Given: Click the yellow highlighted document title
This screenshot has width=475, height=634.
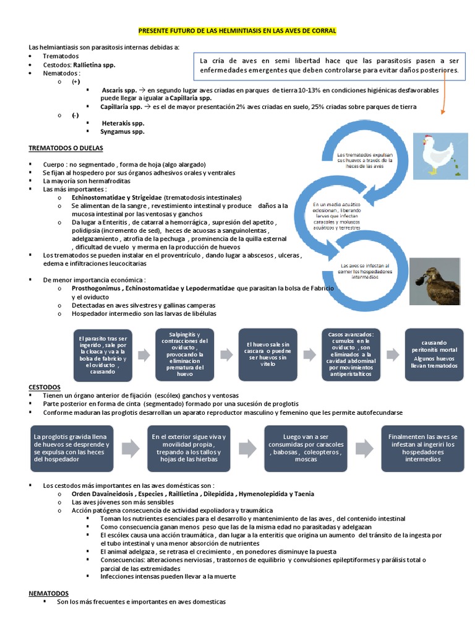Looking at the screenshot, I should pos(237,30).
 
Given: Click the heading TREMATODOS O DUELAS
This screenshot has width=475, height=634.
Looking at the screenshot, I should pos(66,149).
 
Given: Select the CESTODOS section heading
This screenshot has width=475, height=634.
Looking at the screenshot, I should pos(45,386).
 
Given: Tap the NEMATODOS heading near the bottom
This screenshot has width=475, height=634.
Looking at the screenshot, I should pos(49,593).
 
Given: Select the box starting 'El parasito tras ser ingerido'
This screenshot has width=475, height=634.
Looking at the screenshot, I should pos(103,355).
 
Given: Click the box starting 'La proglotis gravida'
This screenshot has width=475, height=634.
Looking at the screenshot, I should pos(72,448).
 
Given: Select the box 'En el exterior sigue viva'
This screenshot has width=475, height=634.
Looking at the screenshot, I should pos(189,448).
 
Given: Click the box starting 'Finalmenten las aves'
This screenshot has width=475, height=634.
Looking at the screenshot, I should pos(423,448).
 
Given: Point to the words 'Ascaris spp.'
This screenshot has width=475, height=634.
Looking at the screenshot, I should pos(119,90).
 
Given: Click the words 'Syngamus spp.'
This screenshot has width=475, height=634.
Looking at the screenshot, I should pos(122,131).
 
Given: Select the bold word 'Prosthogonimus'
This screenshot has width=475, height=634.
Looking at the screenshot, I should pos(96,289).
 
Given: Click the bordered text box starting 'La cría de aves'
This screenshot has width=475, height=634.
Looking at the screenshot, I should pos(328,66).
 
